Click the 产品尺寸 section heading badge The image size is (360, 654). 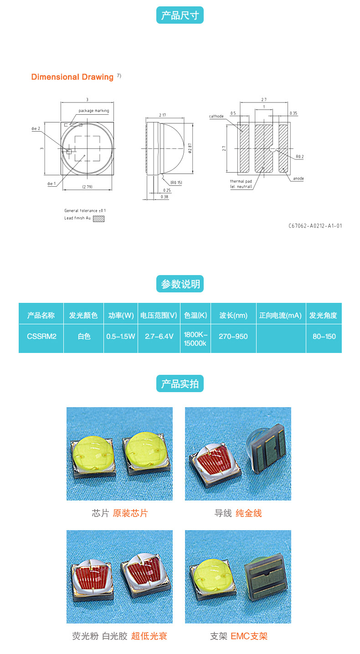coord(180,15)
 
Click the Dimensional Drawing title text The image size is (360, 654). coord(72,77)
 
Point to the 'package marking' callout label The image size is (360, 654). coord(93,111)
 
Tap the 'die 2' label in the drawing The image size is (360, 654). coord(36,129)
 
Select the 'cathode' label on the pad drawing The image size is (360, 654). coord(216,116)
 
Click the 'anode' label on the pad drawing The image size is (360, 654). coord(298,179)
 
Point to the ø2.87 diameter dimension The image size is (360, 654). coord(190,148)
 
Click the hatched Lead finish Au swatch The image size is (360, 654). coord(98,219)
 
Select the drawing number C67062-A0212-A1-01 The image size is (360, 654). coord(315,226)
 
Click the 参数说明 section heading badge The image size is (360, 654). coord(180,284)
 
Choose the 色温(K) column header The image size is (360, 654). coord(195,315)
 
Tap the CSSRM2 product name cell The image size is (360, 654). coord(41,337)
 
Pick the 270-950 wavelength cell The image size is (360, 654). coord(233,337)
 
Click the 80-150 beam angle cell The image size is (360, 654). coord(324,337)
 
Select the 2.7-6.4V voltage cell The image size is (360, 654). coord(159,337)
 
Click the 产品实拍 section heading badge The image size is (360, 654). coord(180,383)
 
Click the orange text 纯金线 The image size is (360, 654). coord(249,513)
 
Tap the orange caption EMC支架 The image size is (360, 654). coord(249,636)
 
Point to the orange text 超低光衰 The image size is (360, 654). coord(149,636)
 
